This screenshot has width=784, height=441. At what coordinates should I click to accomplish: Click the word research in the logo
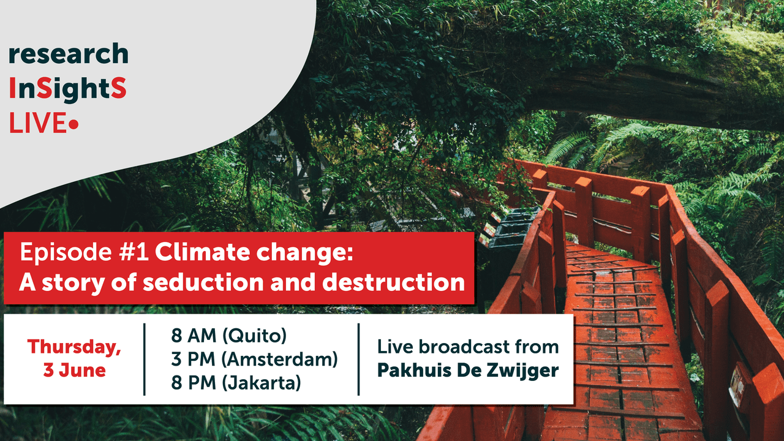tap(69, 53)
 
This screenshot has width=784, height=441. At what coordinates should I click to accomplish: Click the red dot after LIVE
tap(73, 124)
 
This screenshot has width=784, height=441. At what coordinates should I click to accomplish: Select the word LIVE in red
tap(38, 123)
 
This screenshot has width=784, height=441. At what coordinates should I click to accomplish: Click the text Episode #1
tap(85, 252)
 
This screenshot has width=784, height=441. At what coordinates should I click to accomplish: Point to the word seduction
tap(203, 282)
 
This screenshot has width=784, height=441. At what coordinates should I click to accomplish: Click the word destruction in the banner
tap(393, 282)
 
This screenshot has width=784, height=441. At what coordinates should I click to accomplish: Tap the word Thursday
tap(74, 347)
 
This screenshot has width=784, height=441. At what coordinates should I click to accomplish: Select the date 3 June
tap(74, 371)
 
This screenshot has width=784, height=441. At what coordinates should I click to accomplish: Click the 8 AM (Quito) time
tap(229, 336)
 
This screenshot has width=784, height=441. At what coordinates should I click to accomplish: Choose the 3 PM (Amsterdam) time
tap(254, 360)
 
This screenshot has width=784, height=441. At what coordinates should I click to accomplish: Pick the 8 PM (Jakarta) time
tap(236, 383)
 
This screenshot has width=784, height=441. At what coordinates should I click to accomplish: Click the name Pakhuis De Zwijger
tap(467, 371)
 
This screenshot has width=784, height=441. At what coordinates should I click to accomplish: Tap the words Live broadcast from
tap(468, 347)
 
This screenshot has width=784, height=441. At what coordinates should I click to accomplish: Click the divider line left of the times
tap(145, 360)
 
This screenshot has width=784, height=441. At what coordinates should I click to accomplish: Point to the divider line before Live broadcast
tap(359, 360)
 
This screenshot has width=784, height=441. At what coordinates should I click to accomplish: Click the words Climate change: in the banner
tap(254, 252)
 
